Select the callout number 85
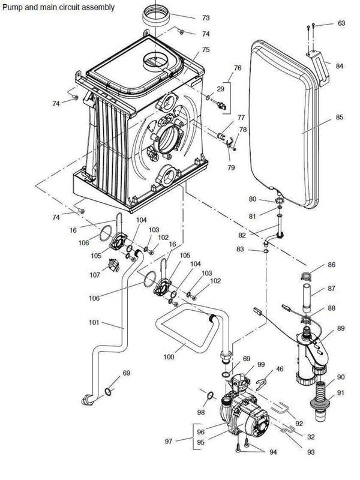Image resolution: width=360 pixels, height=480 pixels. (x=340, y=118)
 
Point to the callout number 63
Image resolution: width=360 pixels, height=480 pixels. (x=341, y=23)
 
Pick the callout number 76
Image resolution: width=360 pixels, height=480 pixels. (x=238, y=68)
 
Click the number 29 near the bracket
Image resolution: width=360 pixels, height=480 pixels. (x=220, y=88)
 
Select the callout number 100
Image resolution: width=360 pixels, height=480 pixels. (x=169, y=357)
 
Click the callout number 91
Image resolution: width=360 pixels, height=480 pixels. (x=341, y=393)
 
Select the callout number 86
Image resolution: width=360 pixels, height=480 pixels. (x=331, y=265)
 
